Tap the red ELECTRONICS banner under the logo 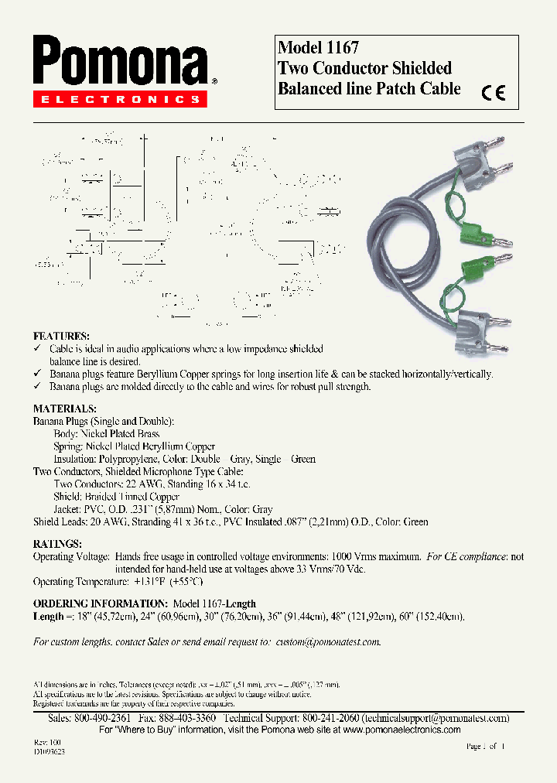pyautogui.click(x=120, y=100)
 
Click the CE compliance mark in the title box pyautogui.click(x=493, y=93)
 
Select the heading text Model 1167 pyautogui.click(x=318, y=48)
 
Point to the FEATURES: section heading pyautogui.click(x=61, y=337)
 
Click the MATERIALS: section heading pyautogui.click(x=65, y=409)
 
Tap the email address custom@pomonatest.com pyautogui.click(x=328, y=642)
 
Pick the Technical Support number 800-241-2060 pyautogui.click(x=327, y=718)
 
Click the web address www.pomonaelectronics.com pyautogui.click(x=402, y=730)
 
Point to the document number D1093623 pyautogui.click(x=50, y=751)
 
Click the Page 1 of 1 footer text pyautogui.click(x=485, y=747)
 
